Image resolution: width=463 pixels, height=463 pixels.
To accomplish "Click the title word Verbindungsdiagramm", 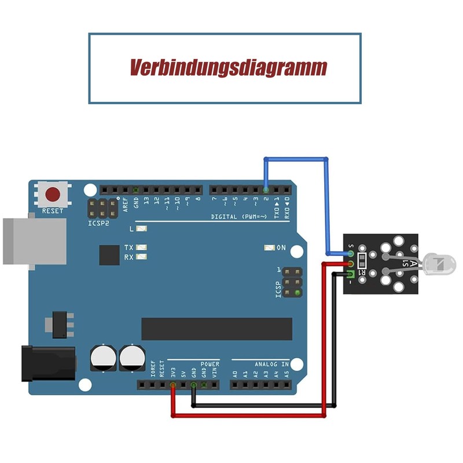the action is click(x=228, y=68).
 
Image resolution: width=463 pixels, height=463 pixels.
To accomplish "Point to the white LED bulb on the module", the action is click(x=439, y=265).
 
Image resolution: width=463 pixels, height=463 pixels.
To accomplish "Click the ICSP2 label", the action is click(x=98, y=223).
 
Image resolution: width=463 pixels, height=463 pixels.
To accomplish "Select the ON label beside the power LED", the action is click(x=281, y=248).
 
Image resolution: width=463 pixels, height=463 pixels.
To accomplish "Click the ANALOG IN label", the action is click(x=271, y=364).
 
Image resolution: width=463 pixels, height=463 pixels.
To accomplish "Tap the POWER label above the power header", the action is click(x=210, y=364).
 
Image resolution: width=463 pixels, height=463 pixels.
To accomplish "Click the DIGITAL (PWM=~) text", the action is click(x=238, y=216).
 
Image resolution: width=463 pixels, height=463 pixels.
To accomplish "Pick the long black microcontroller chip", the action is click(x=217, y=329).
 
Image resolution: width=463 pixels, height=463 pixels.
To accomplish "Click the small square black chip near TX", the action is click(x=109, y=255).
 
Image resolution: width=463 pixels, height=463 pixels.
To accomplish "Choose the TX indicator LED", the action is click(x=141, y=248).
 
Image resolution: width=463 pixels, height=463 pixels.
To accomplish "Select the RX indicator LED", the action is click(x=141, y=257).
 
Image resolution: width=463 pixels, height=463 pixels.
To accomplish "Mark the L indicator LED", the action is click(x=141, y=229).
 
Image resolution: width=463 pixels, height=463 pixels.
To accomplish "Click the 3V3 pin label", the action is click(x=172, y=372).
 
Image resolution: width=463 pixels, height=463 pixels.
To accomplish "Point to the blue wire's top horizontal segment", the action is click(x=295, y=159).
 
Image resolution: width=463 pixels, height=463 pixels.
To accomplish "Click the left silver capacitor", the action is click(x=102, y=358).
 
